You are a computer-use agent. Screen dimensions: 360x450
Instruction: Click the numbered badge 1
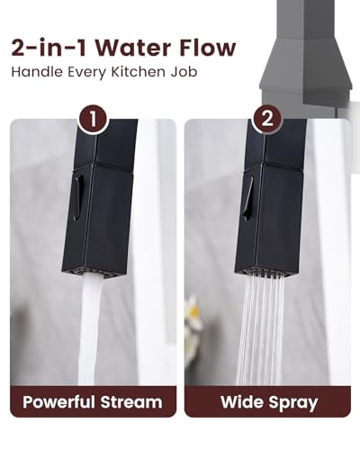(93, 120)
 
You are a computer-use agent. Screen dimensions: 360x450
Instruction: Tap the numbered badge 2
(266, 120)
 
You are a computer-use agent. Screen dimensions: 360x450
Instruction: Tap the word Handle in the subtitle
(37, 72)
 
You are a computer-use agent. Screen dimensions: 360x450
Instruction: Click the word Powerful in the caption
(58, 401)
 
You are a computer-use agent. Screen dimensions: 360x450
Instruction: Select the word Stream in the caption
(131, 402)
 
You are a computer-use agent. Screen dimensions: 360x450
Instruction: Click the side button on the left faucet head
(76, 198)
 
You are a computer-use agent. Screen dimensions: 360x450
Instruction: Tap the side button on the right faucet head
(248, 199)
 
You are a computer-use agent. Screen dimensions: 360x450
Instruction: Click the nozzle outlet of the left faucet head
(86, 273)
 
